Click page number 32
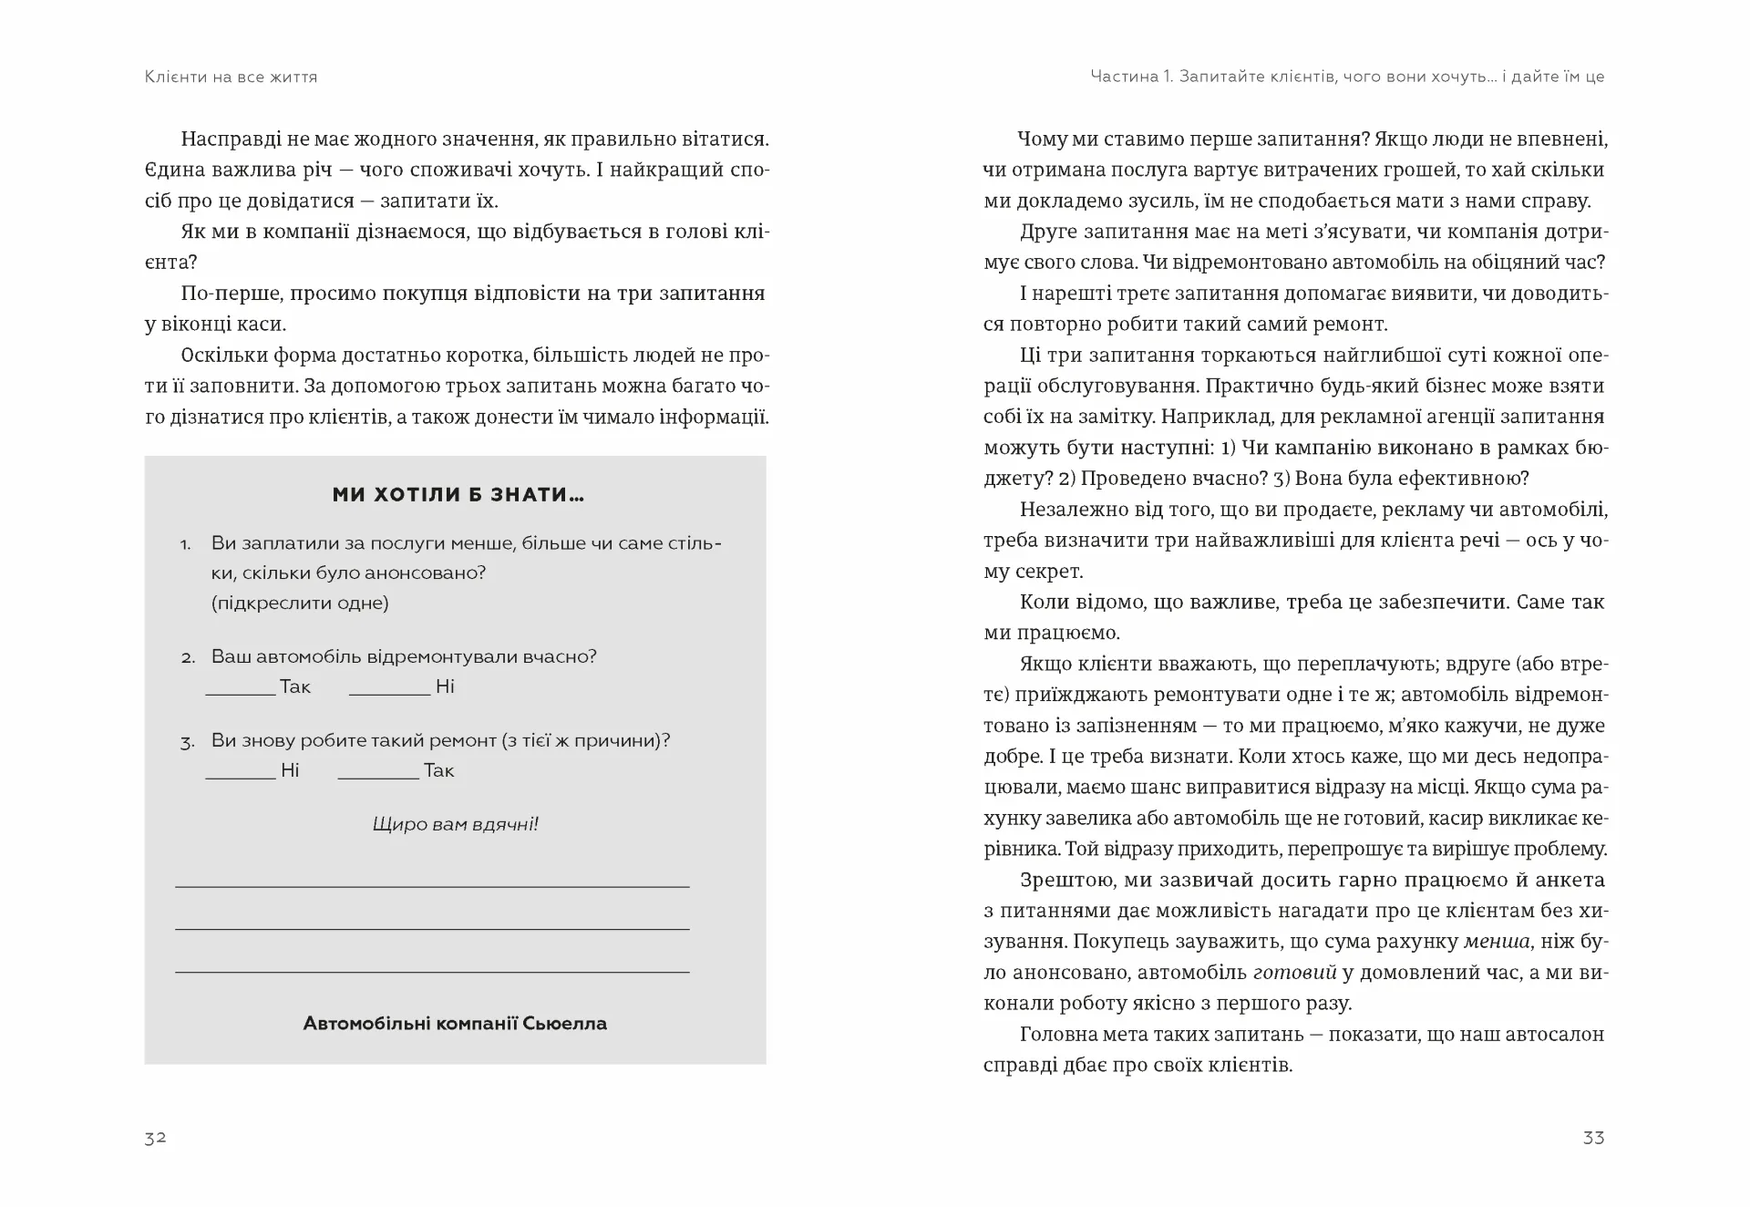coord(155,1138)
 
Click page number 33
coord(1593,1138)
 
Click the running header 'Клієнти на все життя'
coord(231,77)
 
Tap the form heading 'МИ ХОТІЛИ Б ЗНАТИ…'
coord(458,495)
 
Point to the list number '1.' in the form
coord(185,545)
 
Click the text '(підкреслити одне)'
coord(300,603)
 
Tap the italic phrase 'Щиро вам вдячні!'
coord(455,824)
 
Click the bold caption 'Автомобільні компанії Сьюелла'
coord(455,1023)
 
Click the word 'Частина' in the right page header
coord(1123,77)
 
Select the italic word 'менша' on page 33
coord(1497,942)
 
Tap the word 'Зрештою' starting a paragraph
coord(1062,880)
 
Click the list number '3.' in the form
coord(187,742)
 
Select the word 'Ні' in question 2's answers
coord(445,686)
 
